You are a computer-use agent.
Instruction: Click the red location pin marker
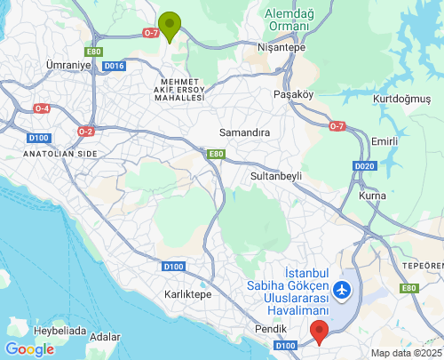click(x=320, y=332)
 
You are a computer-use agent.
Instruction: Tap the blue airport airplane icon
click(x=342, y=289)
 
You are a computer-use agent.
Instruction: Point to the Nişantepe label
click(x=281, y=47)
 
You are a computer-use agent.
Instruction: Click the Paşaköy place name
click(x=295, y=93)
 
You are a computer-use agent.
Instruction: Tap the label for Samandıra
click(x=244, y=132)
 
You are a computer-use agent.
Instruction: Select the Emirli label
click(x=385, y=141)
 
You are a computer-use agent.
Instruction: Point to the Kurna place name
click(x=371, y=195)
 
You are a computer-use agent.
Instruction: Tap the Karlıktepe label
click(x=188, y=293)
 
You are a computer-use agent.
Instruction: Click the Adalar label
click(x=105, y=337)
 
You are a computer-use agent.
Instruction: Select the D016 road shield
click(x=114, y=65)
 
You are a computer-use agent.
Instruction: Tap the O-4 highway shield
click(x=42, y=108)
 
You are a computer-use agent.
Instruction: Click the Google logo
click(x=29, y=348)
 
